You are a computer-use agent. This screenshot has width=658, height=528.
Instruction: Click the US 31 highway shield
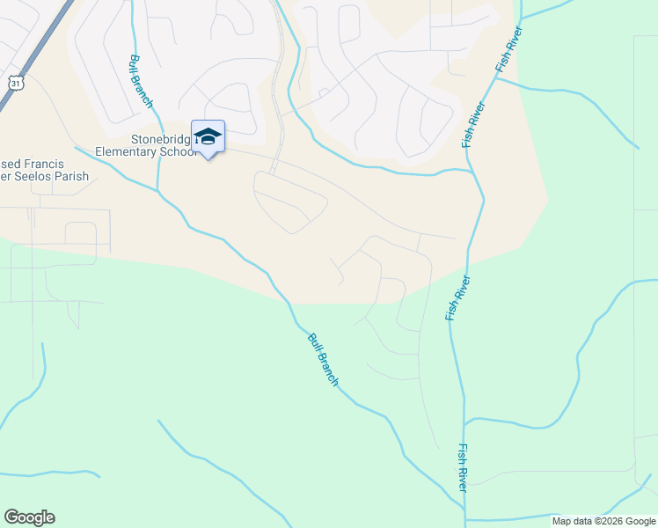[16, 82]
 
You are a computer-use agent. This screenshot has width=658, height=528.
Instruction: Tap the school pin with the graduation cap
[208, 137]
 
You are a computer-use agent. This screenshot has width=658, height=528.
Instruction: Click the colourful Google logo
[29, 517]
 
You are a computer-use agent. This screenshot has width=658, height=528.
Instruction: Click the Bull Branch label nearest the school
[141, 81]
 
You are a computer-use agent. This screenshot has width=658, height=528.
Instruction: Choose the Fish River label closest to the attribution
[462, 467]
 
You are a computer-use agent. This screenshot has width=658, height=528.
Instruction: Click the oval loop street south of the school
[290, 201]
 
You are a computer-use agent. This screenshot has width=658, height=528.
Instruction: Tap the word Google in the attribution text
[641, 521]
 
